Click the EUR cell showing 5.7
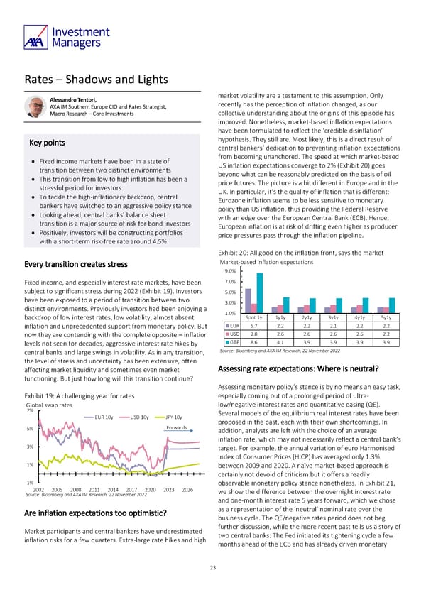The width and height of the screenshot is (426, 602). pos(254,326)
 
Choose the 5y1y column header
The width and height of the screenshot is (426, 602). pos(384,317)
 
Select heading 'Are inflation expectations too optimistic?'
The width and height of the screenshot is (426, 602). pos(95,513)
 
